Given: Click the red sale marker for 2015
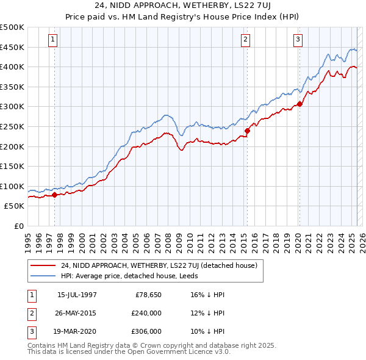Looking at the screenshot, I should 247,130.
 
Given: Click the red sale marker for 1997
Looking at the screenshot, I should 54,195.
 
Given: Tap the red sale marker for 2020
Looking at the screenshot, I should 300,104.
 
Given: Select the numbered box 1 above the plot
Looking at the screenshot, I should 54,40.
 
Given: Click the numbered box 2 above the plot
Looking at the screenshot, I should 245,40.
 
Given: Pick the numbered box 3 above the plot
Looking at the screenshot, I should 298,40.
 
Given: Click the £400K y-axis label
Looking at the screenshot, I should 12,67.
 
